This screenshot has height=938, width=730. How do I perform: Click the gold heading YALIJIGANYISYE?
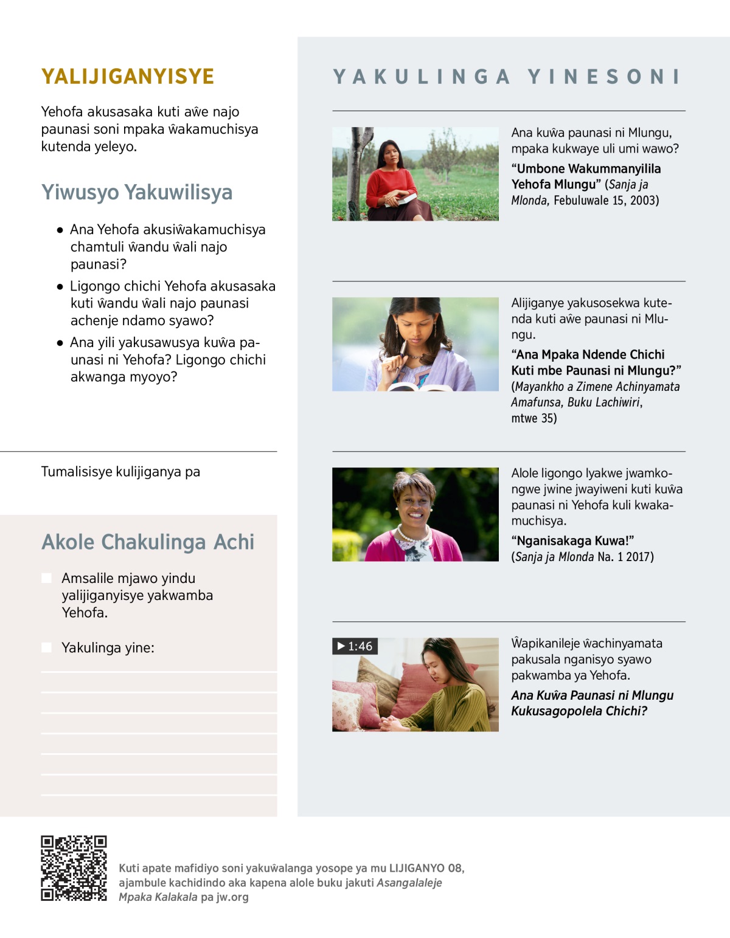(x=128, y=77)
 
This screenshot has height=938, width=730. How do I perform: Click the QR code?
(x=74, y=868)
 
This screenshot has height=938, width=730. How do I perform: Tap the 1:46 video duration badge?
(x=355, y=646)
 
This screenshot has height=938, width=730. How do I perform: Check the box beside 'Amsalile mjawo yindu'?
(x=47, y=578)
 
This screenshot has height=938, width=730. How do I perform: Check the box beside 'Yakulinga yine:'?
(x=47, y=648)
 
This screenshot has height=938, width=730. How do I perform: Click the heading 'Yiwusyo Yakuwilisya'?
(x=137, y=192)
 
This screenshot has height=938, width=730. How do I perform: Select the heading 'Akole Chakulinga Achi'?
(x=148, y=542)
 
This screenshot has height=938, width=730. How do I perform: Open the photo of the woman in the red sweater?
(x=415, y=174)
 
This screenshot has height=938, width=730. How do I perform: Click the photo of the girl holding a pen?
(x=415, y=344)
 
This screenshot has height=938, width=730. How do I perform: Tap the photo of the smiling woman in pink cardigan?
(x=415, y=514)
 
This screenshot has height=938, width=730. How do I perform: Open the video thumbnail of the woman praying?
(x=415, y=685)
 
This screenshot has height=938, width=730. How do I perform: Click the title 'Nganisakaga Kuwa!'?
(x=572, y=541)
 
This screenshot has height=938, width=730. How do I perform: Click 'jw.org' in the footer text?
(x=232, y=897)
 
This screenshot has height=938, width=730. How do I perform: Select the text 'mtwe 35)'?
(x=534, y=418)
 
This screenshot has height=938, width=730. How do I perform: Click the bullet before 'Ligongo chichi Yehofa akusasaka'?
(x=60, y=286)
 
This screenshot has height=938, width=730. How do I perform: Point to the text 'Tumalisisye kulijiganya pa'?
(x=120, y=472)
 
